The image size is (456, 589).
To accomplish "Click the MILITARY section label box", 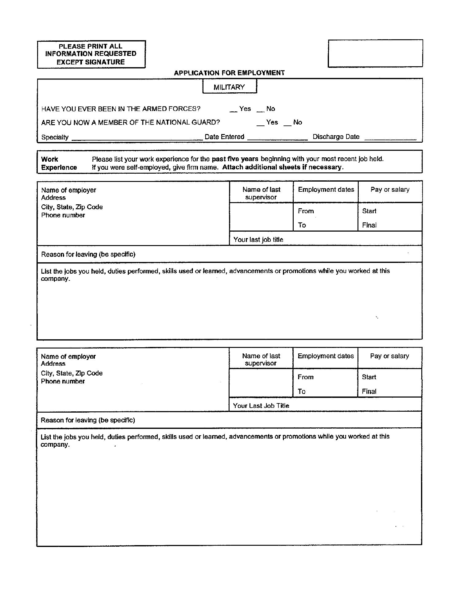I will (229, 87).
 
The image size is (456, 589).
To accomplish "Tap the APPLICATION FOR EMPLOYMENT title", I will (229, 73).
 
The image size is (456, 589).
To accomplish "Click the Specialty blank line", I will (137, 139).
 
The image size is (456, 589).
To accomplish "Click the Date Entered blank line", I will (277, 139).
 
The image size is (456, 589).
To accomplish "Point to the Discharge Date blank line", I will (390, 139).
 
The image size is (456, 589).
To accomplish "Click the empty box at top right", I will (375, 53).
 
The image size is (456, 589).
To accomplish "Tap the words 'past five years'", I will (235, 159).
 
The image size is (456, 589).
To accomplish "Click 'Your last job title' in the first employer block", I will (258, 240).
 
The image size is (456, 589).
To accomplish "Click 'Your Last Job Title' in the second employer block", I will (261, 406).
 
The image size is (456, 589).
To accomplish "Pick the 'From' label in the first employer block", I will (306, 211).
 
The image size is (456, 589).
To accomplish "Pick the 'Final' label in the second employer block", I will (369, 391).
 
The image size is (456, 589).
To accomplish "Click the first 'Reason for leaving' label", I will (88, 254).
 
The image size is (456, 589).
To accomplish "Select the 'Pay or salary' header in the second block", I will (389, 356).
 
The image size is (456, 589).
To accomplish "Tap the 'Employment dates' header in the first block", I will (326, 190).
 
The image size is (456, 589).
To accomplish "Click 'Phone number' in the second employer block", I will (63, 381).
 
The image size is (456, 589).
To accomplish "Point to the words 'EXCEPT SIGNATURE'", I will (91, 62).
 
